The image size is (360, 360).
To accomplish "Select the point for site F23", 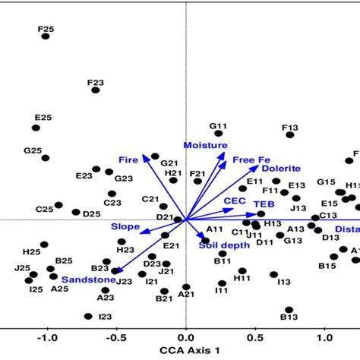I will click(96, 90).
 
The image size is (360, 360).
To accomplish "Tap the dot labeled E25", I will click(36, 128).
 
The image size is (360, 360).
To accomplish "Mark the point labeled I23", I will click(88, 316).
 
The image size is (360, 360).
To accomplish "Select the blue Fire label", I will click(128, 159).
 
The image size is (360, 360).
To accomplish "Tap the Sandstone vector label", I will click(89, 279).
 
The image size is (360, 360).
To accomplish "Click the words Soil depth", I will click(223, 245).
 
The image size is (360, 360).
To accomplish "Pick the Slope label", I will click(125, 226).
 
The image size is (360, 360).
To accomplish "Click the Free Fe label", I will click(251, 159).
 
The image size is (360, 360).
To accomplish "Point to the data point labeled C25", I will click(58, 205).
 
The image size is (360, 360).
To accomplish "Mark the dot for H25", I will click(44, 245).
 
